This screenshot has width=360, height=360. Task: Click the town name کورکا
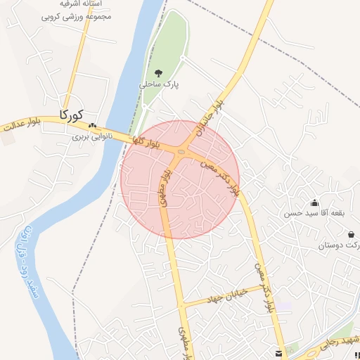tap(72, 114)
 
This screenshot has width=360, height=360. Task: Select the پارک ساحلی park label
tap(159, 84)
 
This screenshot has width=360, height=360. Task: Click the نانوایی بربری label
tap(92, 137)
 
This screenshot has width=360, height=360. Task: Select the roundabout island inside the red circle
tap(181, 153)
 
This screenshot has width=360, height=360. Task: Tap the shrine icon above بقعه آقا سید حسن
tap(314, 203)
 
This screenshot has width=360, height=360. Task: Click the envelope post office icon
tap(280, 352)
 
